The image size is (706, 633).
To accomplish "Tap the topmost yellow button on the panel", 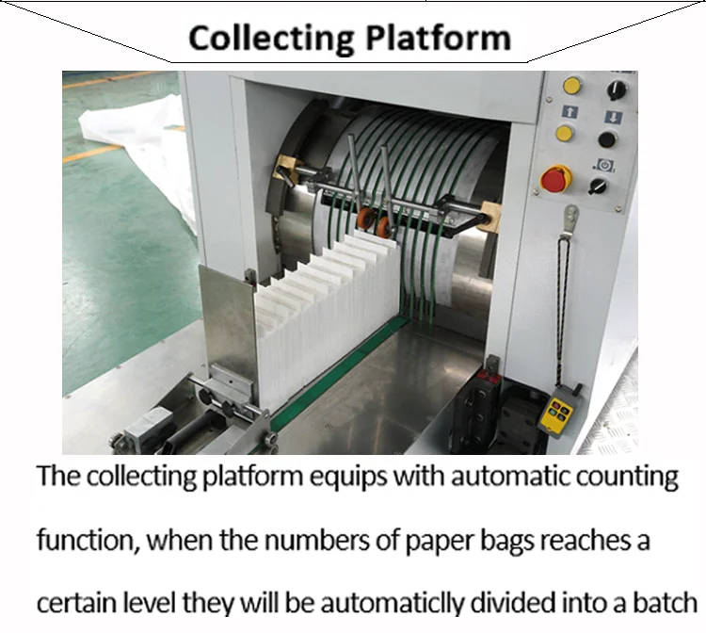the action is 571,86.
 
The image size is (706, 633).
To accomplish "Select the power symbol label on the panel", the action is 601,166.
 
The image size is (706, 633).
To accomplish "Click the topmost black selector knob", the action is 617,89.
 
